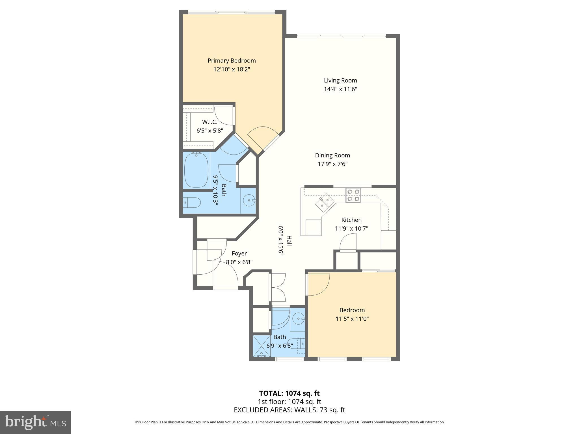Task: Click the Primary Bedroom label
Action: [x=232, y=60]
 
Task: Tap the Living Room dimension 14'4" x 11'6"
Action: [x=340, y=89]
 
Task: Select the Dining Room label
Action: [x=332, y=155]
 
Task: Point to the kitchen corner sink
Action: [x=325, y=203]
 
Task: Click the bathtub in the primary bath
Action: [x=196, y=170]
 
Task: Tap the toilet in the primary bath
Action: [x=192, y=203]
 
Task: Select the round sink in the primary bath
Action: [x=249, y=200]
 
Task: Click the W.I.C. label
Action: [x=210, y=122]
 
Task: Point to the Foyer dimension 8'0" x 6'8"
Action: [x=239, y=262]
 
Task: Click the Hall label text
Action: [x=289, y=241]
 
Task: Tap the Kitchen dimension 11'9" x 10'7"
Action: [x=351, y=228]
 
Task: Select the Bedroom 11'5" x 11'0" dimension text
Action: [x=352, y=319]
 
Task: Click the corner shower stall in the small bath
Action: [x=262, y=346]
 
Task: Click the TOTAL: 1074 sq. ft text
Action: [x=289, y=393]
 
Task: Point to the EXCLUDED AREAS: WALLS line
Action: [x=289, y=410]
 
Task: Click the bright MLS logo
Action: [x=35, y=422]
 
